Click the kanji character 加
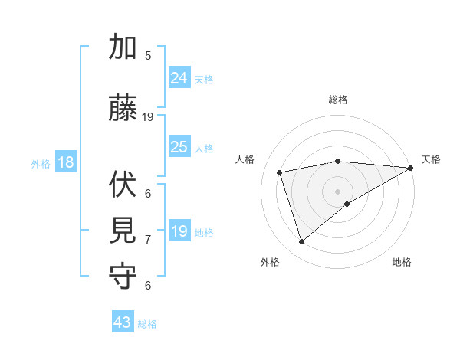pos(123,47)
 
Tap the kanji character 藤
pos(123,108)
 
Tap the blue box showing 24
pos(179,78)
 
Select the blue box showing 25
pos(179,147)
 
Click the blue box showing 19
pos(179,231)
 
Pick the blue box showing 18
pos(65,163)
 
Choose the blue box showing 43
pos(123,322)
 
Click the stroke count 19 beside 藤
pos(148,117)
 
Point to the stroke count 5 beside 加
pos(148,55)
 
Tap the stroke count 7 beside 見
pos(148,240)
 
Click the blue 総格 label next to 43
pos(147,324)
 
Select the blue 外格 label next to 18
pos(41,164)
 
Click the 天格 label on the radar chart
pos(431,159)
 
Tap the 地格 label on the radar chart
pos(402,262)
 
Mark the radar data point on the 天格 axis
pos(411,168)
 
